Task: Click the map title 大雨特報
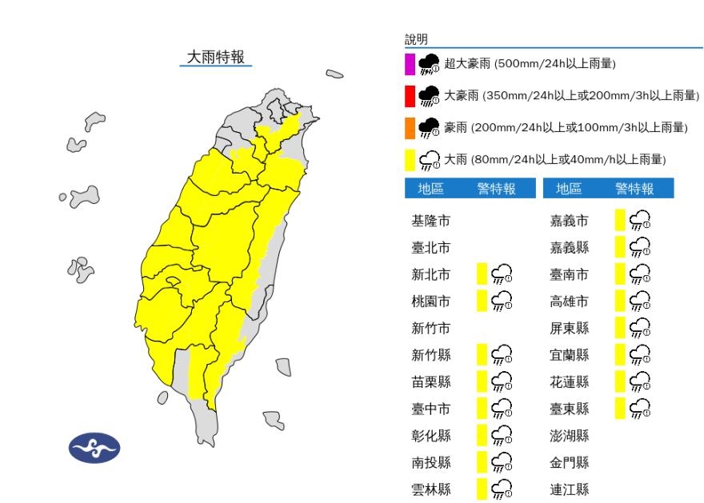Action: click(x=215, y=57)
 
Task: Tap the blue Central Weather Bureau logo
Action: click(x=94, y=448)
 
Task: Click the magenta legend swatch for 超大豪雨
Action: click(x=410, y=64)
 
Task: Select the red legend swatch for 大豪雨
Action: click(x=410, y=96)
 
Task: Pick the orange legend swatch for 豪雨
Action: click(x=410, y=127)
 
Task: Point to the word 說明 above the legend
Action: click(x=416, y=39)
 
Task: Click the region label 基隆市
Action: click(x=430, y=221)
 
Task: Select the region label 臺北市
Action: click(x=430, y=248)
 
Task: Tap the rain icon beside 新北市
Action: click(x=502, y=275)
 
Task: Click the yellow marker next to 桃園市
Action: click(x=482, y=301)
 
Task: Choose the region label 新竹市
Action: click(x=430, y=329)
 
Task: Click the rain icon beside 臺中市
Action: click(x=502, y=409)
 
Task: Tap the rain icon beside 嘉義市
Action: click(x=640, y=221)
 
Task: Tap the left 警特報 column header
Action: click(x=496, y=189)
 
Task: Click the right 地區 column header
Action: click(x=569, y=189)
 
